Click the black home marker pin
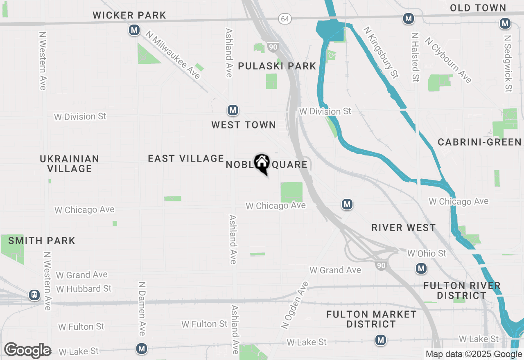(x=262, y=163)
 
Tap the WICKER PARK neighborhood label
(x=129, y=16)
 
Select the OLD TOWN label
(x=478, y=8)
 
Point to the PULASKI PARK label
(x=277, y=66)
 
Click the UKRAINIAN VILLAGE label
(x=70, y=163)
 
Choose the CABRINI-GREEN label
(x=479, y=142)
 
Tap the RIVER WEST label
(x=403, y=228)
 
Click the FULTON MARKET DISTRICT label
(x=371, y=319)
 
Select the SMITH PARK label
(x=42, y=241)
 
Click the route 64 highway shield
(x=285, y=19)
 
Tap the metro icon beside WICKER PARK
(x=134, y=30)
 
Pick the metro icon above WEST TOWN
(x=233, y=110)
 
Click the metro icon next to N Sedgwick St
(x=505, y=23)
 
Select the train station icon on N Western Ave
(x=34, y=295)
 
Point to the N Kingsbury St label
(x=381, y=53)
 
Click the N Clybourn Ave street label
(x=448, y=60)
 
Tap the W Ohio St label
(x=427, y=254)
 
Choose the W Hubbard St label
(x=84, y=289)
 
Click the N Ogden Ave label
(x=294, y=305)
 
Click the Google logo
(x=27, y=351)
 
